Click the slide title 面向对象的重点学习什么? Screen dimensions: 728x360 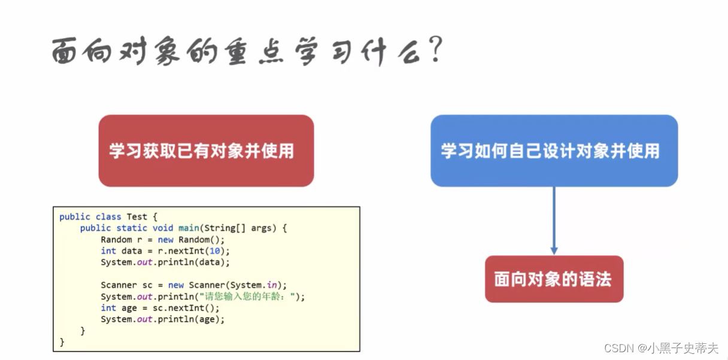(245, 53)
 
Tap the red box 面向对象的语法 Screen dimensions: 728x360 (553, 279)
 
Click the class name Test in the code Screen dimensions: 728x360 (136, 217)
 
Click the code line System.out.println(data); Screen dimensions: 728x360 (165, 262)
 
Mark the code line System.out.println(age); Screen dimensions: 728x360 (162, 319)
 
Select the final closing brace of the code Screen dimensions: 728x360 (62, 342)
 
